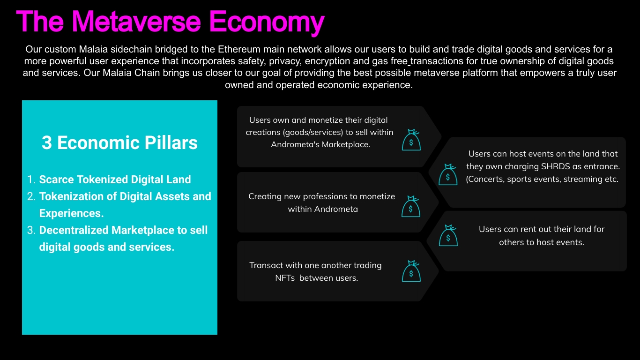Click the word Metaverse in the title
tap(136, 22)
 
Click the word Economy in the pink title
tap(267, 23)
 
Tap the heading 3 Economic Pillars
tap(119, 142)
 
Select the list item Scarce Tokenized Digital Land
tap(115, 180)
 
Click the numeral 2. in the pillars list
tap(31, 196)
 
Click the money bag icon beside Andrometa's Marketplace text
tap(411, 140)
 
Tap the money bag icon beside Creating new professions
tap(411, 206)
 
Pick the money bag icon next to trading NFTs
tap(411, 271)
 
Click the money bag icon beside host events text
tap(448, 174)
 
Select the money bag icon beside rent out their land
tap(448, 235)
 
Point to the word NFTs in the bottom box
tap(285, 278)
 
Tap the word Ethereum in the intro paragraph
tap(241, 49)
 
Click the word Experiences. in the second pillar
tap(71, 213)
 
